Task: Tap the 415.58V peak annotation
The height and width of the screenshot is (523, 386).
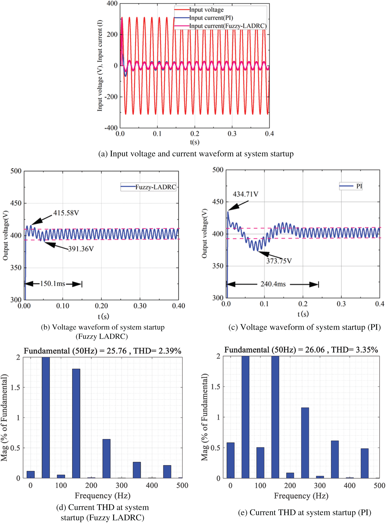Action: pos(66,213)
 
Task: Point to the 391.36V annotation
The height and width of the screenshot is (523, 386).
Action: pos(81,249)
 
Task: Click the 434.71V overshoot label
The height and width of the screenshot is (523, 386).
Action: pos(245,194)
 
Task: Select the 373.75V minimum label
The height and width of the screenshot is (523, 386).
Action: pos(279,261)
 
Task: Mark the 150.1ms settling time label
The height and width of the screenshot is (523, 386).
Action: pos(53,284)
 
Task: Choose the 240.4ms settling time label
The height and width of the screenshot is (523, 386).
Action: pos(273,284)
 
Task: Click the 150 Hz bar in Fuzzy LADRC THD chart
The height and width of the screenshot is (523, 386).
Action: pos(76,423)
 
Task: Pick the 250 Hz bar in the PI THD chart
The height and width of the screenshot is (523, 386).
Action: pos(305,443)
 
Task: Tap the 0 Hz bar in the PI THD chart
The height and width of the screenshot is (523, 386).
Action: pos(231,460)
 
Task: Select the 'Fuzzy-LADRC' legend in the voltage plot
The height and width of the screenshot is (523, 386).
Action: pos(155,187)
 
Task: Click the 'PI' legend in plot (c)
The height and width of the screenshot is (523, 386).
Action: pos(359,186)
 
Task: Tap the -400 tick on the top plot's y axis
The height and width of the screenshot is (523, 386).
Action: pos(111,128)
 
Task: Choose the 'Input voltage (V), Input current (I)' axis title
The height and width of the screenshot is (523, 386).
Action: pos(100,65)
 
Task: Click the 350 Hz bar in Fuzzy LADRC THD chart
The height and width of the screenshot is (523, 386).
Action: pos(137,470)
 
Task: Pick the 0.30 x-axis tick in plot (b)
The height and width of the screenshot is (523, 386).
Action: pos(140,306)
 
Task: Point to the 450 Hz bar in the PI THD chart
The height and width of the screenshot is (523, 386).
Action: pos(365,463)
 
